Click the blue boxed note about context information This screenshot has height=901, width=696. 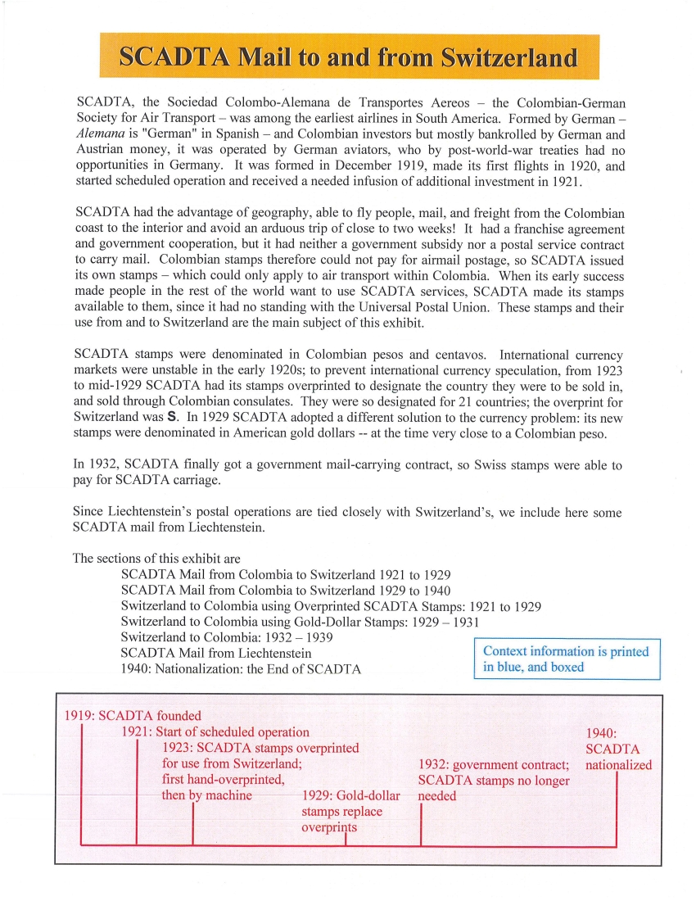point(567,659)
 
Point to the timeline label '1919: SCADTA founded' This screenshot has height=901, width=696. point(133,716)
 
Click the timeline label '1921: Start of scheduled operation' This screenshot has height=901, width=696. point(215,731)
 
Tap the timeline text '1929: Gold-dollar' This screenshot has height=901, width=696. point(351,796)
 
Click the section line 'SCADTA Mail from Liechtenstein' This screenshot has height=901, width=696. point(215,653)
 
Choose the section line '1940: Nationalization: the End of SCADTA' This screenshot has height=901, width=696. point(241,668)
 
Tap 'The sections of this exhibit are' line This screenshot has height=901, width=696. point(156,559)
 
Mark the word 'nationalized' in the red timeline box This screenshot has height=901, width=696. point(619,765)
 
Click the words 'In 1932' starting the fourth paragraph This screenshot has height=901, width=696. point(95,465)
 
